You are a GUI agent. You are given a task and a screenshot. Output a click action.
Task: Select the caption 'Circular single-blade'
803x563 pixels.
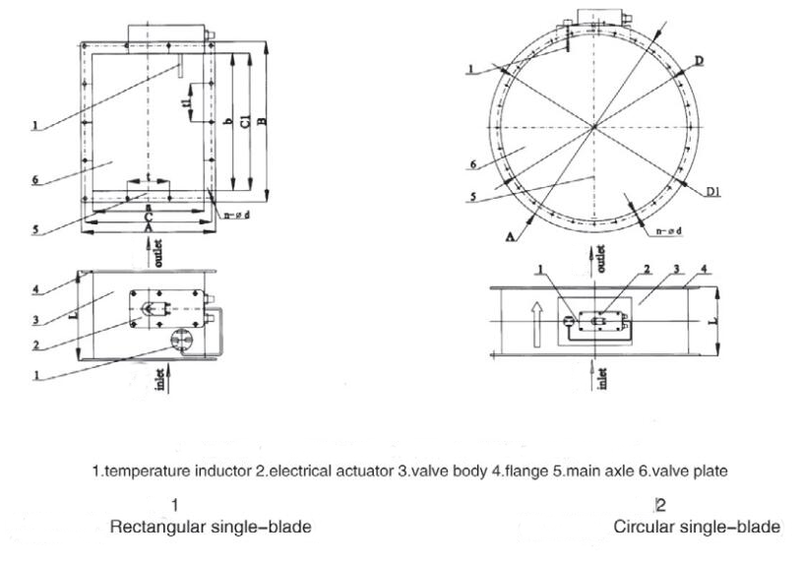[x=698, y=527]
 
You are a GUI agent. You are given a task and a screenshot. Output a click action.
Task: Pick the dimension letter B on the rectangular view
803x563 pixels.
[x=263, y=121]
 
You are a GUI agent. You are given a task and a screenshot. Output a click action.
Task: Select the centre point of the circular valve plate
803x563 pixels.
[x=595, y=126]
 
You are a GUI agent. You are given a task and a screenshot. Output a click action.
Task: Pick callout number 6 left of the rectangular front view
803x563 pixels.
[x=34, y=180]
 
